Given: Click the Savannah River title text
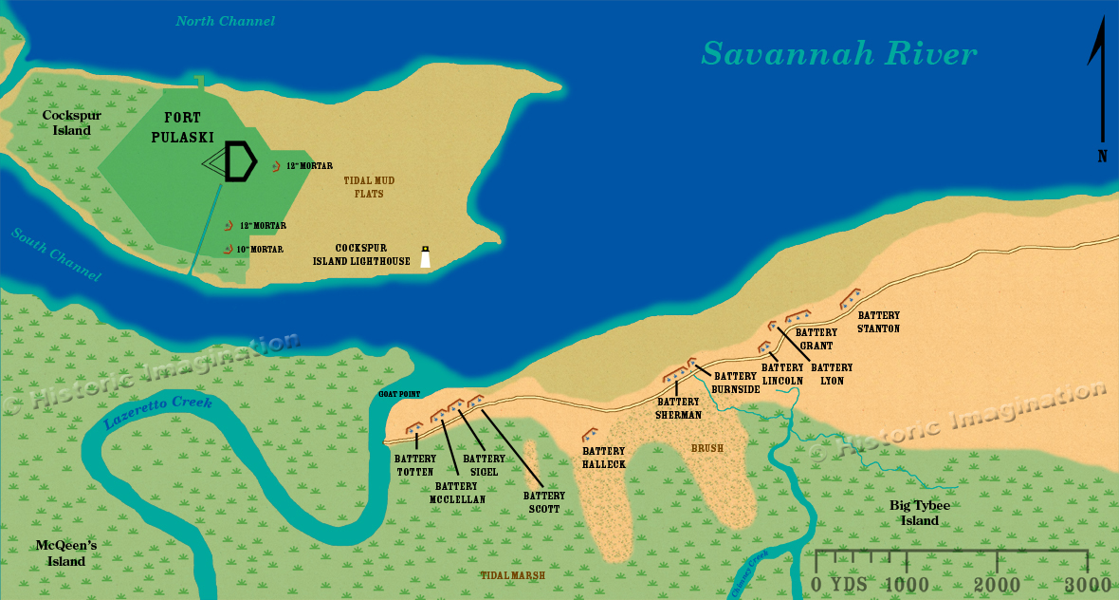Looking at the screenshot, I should [x=838, y=54].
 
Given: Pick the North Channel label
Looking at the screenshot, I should [x=226, y=21].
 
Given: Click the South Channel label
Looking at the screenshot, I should [x=56, y=255].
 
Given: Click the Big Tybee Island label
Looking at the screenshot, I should [x=919, y=513].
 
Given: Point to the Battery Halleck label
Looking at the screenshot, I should [x=604, y=457].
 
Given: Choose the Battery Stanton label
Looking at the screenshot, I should [x=878, y=322].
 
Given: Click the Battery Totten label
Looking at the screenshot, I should [x=414, y=465].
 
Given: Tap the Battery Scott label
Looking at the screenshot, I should [x=544, y=501].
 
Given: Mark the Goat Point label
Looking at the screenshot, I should [x=398, y=394].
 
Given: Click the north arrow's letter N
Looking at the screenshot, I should [x=1102, y=158].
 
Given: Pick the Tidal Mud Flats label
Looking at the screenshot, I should [x=370, y=186].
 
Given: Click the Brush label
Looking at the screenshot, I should [x=706, y=447].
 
